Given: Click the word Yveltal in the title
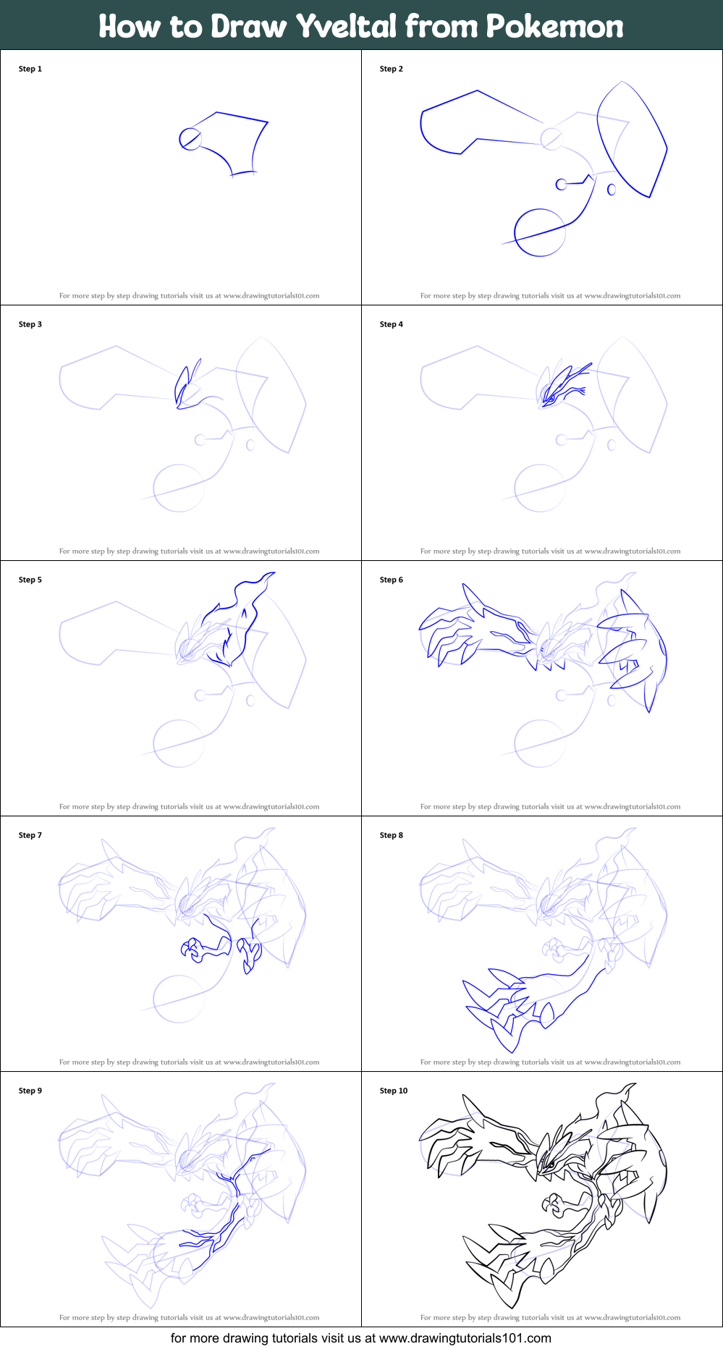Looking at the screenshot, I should point(347,27).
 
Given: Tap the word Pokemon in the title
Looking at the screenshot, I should point(554,27).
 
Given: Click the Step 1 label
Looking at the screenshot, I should point(30,69).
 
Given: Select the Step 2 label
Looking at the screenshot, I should point(392,69).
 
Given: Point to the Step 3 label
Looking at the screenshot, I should point(30,324).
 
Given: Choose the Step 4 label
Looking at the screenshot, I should point(392,324).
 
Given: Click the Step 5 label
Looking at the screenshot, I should point(30,580).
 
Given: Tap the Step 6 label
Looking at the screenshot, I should point(392,580).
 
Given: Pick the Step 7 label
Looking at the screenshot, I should point(30,835).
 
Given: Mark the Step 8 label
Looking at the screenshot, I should point(392,835).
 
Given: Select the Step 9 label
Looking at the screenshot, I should point(30,1091).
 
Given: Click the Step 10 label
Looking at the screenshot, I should point(394,1091).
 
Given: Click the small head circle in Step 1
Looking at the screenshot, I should point(190,138).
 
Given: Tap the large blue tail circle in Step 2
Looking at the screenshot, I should point(540,232).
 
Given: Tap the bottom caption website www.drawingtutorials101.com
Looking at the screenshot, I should point(465,1338).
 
